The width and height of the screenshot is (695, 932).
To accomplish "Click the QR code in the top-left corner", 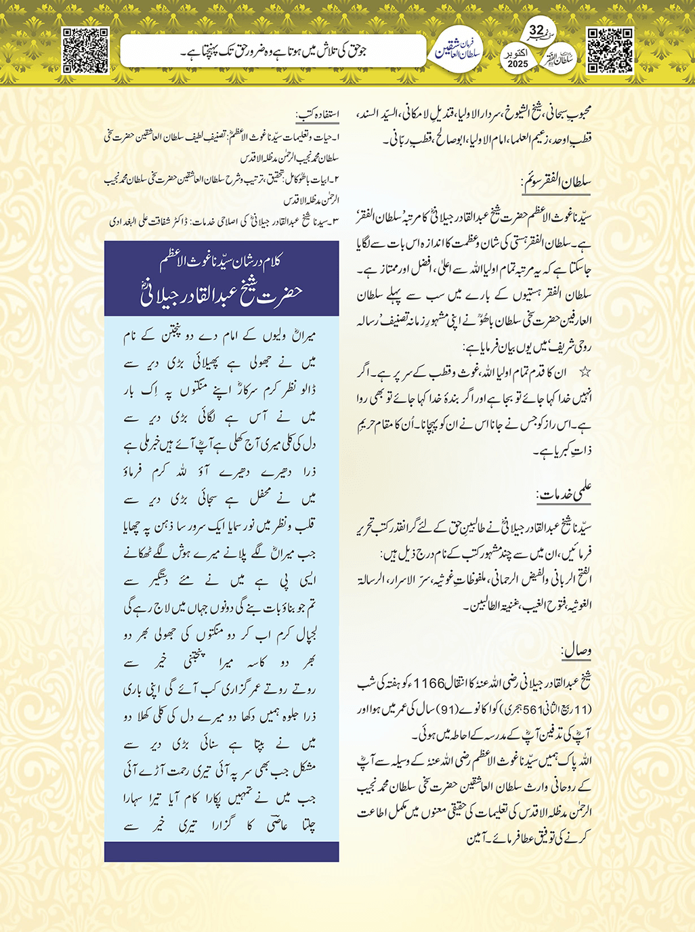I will tap(85, 49).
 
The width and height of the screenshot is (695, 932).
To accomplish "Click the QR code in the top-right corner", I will tap(609, 49).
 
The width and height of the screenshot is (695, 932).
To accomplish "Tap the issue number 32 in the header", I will tap(536, 31).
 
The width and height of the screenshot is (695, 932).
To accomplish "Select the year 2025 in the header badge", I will tap(518, 64).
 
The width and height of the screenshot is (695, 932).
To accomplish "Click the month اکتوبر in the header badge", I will tap(517, 54).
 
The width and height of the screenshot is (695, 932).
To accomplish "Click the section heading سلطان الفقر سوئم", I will tap(557, 182).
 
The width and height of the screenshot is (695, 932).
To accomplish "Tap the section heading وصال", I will tap(576, 651).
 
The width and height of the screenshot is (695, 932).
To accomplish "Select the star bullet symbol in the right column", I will tap(586, 373).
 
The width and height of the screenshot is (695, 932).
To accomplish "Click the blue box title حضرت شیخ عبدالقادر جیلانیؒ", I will tap(222, 294).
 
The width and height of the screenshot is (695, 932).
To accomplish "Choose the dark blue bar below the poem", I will tap(222, 851).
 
